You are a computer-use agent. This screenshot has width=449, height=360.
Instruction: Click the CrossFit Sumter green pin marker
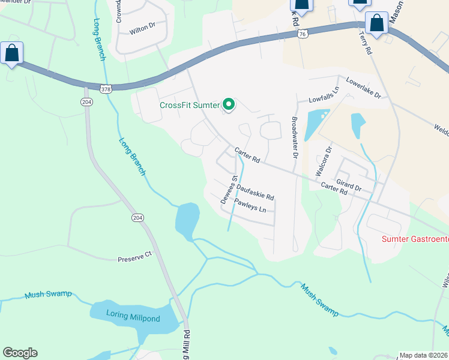(x=229, y=105)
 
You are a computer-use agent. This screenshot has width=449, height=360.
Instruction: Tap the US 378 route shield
(x=88, y=89)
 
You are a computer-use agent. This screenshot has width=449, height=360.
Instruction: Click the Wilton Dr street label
(x=142, y=28)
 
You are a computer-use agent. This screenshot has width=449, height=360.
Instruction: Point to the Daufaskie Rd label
(x=255, y=193)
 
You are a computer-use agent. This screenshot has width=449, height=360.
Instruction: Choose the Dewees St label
(x=229, y=189)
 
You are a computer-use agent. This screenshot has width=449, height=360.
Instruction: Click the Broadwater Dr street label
(x=295, y=137)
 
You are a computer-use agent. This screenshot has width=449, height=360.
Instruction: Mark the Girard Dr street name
(x=349, y=184)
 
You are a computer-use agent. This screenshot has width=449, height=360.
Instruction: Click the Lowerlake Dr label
(x=364, y=90)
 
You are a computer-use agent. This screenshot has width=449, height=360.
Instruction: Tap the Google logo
(x=20, y=353)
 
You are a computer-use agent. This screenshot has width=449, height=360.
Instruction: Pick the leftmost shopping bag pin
(x=12, y=53)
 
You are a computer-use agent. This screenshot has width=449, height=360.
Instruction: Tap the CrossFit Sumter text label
(x=188, y=105)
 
